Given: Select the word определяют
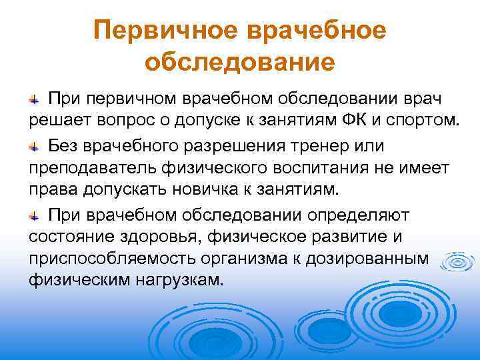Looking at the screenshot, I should (x=360, y=214).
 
